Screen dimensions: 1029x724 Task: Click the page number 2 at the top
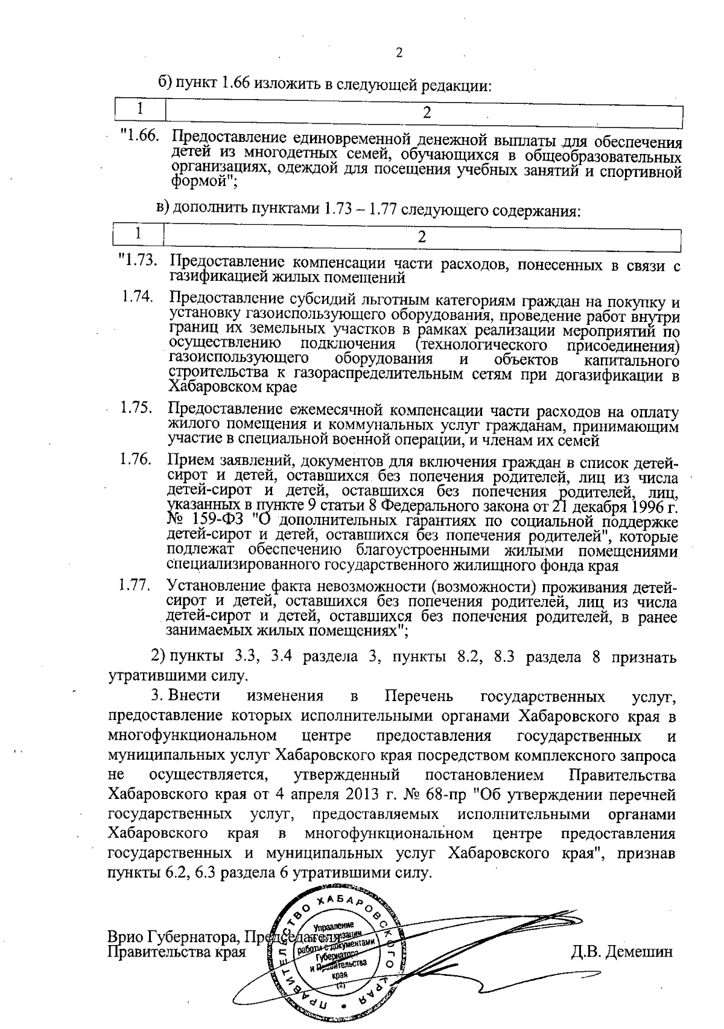398,53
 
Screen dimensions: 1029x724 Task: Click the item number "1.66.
140,137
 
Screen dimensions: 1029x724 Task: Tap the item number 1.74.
136,297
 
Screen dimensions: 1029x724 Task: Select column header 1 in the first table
140,110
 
